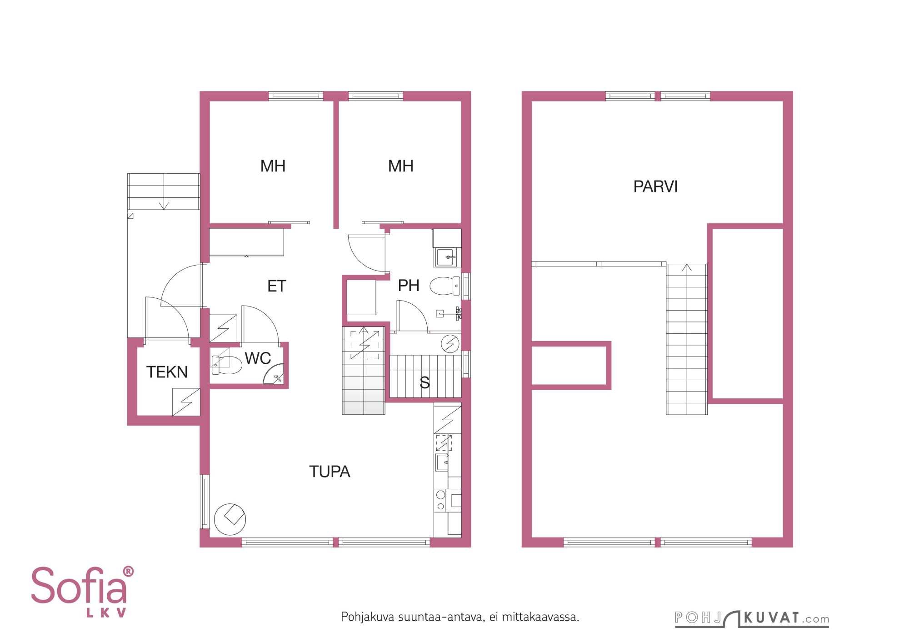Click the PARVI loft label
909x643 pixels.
[655, 186]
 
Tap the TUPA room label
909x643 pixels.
[330, 472]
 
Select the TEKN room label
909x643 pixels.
[167, 372]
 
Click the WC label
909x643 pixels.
[258, 358]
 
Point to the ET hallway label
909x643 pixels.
[277, 286]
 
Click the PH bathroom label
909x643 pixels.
[409, 286]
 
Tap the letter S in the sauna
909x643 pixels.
[425, 383]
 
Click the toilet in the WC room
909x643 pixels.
[227, 365]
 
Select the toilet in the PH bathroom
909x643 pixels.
[445, 286]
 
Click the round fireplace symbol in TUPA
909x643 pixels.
[230, 519]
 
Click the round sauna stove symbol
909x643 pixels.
[450, 343]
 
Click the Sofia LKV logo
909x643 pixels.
[82, 592]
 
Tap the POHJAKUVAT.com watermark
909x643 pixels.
[752, 618]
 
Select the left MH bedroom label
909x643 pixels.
[273, 166]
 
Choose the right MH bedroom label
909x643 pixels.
[400, 166]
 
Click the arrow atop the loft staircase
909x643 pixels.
[687, 268]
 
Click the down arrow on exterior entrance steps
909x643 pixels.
[164, 206]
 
